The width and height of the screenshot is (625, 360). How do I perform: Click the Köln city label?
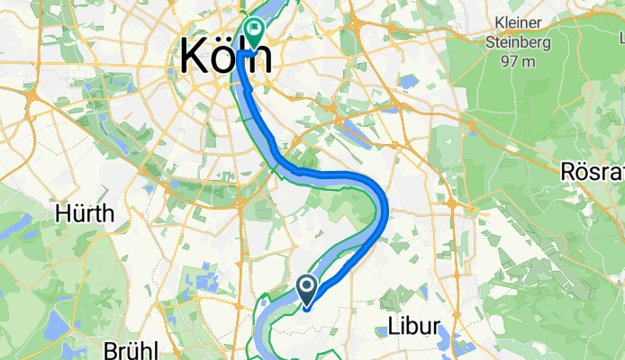[225, 56]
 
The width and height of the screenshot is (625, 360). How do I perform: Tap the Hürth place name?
[85, 213]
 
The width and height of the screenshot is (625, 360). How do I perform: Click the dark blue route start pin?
[306, 288]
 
